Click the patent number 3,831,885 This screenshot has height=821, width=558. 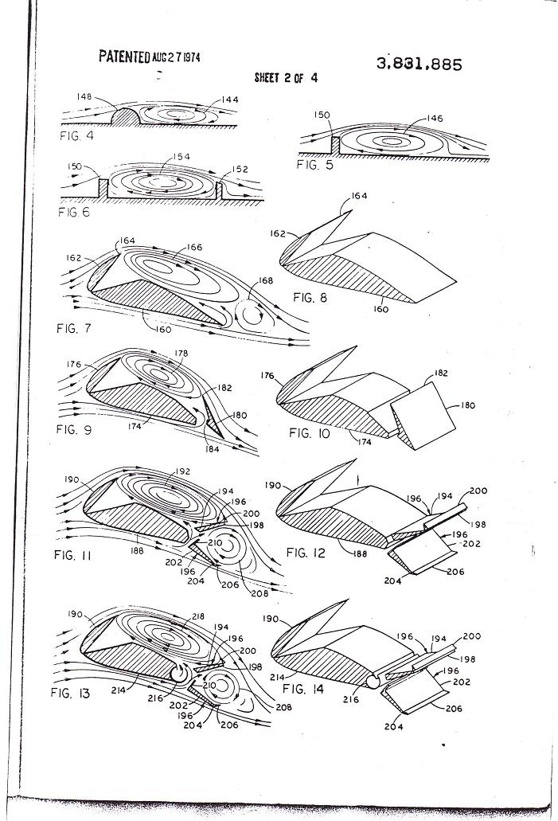419,64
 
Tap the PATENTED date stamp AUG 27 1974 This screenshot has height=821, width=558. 176,57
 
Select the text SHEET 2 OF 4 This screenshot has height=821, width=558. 286,78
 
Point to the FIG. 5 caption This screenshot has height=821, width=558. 314,165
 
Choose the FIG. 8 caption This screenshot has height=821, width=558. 310,298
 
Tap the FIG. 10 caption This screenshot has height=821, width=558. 310,433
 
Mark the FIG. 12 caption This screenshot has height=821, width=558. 306,553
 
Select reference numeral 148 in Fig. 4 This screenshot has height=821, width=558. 84,97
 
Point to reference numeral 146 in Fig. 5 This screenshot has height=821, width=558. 435,119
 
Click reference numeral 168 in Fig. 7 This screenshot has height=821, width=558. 266,280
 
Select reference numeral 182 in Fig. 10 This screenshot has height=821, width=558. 441,373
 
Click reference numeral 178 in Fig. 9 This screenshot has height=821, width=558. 181,354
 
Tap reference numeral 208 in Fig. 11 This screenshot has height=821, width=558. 259,593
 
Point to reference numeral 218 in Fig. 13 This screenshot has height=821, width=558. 198,616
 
